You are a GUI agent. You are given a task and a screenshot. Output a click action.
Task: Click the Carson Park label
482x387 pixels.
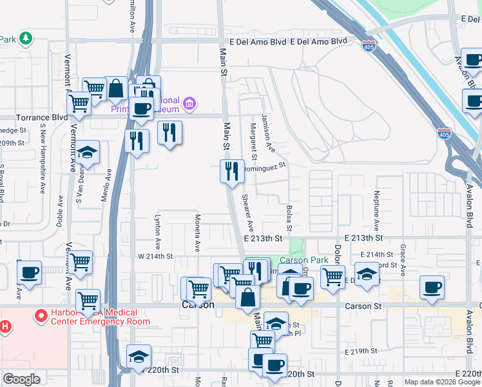pos(304,261)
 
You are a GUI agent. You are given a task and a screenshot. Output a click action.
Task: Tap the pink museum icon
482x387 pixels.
pos(189,103)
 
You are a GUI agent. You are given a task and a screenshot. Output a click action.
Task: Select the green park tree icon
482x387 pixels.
pos(25,39)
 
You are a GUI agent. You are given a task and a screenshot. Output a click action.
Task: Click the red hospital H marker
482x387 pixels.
pos(5,326)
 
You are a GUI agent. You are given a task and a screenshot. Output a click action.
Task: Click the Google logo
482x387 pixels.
pos(22,379)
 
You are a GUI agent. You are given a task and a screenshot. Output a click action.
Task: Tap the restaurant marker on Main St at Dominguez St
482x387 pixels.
pos(232,172)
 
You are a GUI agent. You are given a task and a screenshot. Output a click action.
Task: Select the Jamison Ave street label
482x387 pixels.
pos(268,134)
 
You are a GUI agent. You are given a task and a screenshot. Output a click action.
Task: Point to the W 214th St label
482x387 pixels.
pos(156,256)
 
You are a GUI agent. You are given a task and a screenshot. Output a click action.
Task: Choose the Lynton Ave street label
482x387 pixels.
pos(157,232)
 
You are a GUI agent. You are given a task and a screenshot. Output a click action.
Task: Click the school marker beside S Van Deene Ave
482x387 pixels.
pos(87,154)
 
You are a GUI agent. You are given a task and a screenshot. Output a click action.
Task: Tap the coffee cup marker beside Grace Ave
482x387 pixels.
pos(432,287)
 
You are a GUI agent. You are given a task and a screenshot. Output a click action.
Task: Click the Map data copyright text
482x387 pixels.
pos(442,382)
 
